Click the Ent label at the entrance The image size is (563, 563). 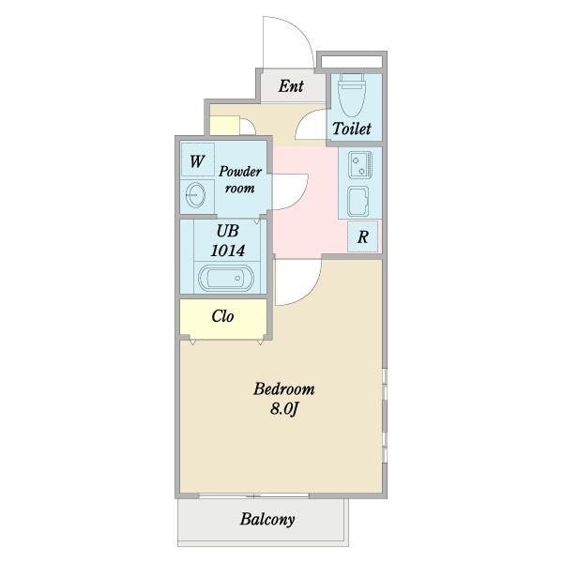[291, 86]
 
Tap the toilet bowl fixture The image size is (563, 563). [352, 95]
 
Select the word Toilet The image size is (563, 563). [352, 129]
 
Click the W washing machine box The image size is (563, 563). [198, 160]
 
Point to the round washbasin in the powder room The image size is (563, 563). [196, 195]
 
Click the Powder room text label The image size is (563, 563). [240, 179]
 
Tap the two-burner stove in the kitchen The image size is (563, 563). [360, 164]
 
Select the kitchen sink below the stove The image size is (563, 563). [358, 202]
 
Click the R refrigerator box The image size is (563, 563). [362, 236]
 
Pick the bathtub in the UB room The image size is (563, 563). [226, 279]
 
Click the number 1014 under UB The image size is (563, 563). [228, 251]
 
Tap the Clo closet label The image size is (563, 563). [222, 316]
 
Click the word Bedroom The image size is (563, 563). [284, 388]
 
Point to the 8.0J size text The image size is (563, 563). [284, 409]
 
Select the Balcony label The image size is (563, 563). [267, 519]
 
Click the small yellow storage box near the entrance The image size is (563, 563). [224, 126]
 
